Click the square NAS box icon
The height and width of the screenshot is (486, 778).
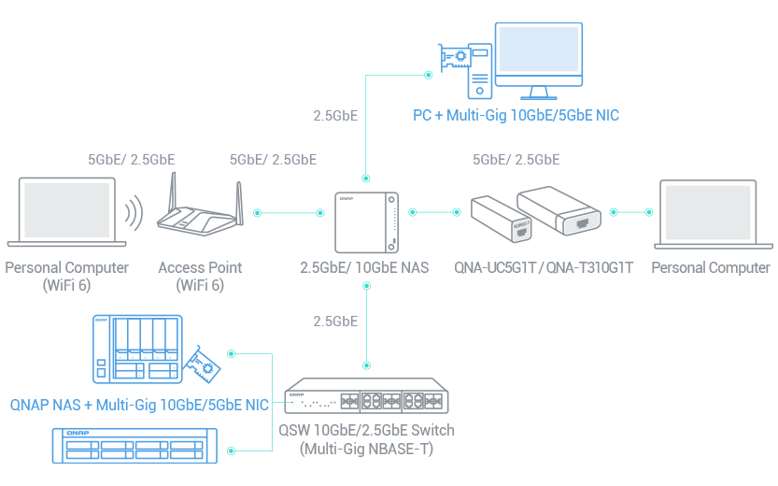366,222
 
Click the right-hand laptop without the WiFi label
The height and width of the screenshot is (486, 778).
713,214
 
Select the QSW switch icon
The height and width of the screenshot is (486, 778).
367,396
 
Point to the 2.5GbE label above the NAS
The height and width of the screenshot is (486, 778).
335,116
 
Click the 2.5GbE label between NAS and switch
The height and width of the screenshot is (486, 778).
335,322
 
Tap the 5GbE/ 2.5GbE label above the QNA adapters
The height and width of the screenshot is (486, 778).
516,160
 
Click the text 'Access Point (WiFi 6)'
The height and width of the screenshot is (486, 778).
200,277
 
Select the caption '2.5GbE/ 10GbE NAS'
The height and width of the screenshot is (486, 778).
365,268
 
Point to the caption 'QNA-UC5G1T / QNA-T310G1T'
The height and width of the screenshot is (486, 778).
545,268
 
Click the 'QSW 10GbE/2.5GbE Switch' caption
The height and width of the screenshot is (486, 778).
367,439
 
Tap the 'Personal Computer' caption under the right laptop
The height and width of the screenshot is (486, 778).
711,268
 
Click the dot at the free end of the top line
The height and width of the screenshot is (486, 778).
429,75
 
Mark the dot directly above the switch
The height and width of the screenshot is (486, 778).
366,365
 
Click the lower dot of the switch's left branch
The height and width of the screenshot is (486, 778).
232,450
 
